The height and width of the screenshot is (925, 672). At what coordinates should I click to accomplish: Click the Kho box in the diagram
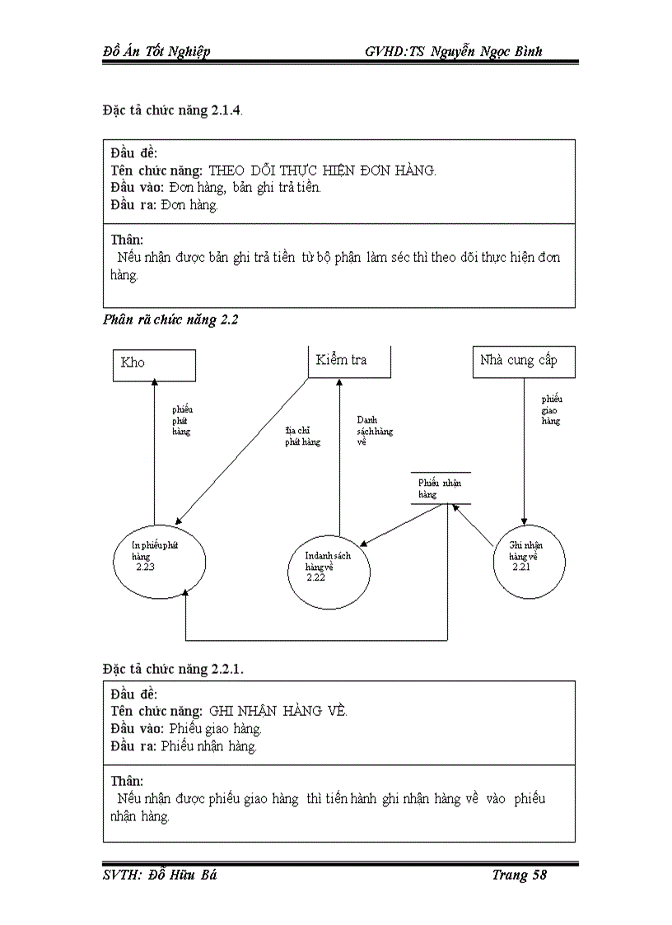pyautogui.click(x=154, y=365)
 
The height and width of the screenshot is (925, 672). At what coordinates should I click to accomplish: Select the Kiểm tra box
pyautogui.click(x=349, y=362)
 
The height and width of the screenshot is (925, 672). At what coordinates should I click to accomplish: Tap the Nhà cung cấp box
pyautogui.click(x=524, y=362)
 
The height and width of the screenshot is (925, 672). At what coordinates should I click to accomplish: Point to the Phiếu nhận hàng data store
pyautogui.click(x=441, y=488)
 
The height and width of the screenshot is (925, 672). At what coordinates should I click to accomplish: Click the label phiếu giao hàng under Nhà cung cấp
pyautogui.click(x=551, y=409)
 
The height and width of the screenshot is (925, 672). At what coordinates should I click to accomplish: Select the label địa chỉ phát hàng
pyautogui.click(x=302, y=437)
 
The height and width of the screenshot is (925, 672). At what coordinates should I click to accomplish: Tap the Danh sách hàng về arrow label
pyautogui.click(x=374, y=431)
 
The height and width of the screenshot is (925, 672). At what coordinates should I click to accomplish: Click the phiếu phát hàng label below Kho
pyautogui.click(x=181, y=419)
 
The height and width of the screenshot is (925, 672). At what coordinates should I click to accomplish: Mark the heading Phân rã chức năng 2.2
pyautogui.click(x=170, y=320)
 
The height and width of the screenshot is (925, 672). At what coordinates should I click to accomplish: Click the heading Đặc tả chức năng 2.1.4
pyautogui.click(x=172, y=110)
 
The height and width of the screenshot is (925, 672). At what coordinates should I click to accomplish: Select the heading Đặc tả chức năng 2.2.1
pyautogui.click(x=173, y=669)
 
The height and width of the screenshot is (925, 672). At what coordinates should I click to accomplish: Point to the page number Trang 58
pyautogui.click(x=519, y=875)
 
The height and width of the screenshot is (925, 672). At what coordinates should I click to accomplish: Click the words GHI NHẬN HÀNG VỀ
pyautogui.click(x=278, y=711)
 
